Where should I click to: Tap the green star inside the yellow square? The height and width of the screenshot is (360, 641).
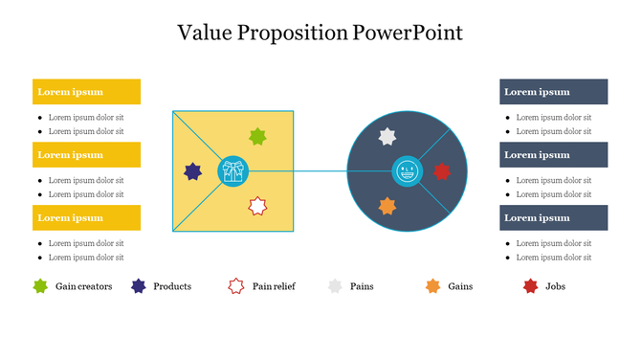(x=256, y=137)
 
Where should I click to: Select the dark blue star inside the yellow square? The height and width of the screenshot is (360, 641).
(x=193, y=171)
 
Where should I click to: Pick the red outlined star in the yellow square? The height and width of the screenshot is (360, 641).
(x=256, y=206)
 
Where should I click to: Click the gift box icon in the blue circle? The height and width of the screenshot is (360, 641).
(x=232, y=171)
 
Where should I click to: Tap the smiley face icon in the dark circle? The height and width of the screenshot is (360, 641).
(x=408, y=171)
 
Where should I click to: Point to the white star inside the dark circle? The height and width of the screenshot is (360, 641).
(x=387, y=137)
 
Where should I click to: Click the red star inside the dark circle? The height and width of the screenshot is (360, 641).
(x=441, y=171)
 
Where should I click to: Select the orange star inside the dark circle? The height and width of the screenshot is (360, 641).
(x=387, y=206)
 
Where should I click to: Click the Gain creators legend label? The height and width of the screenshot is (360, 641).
(x=83, y=286)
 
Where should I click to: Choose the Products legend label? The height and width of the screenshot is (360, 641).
(x=172, y=286)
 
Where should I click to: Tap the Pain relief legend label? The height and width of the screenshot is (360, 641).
(x=274, y=286)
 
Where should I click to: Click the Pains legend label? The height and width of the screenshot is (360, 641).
(x=362, y=286)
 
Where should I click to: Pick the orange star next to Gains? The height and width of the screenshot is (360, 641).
(x=432, y=286)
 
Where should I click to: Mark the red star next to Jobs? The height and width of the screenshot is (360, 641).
(x=531, y=286)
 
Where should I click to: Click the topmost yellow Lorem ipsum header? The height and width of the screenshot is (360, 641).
(x=86, y=92)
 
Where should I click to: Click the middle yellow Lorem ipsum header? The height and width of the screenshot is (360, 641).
(x=86, y=154)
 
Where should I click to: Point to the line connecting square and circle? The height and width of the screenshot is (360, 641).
(x=320, y=171)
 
